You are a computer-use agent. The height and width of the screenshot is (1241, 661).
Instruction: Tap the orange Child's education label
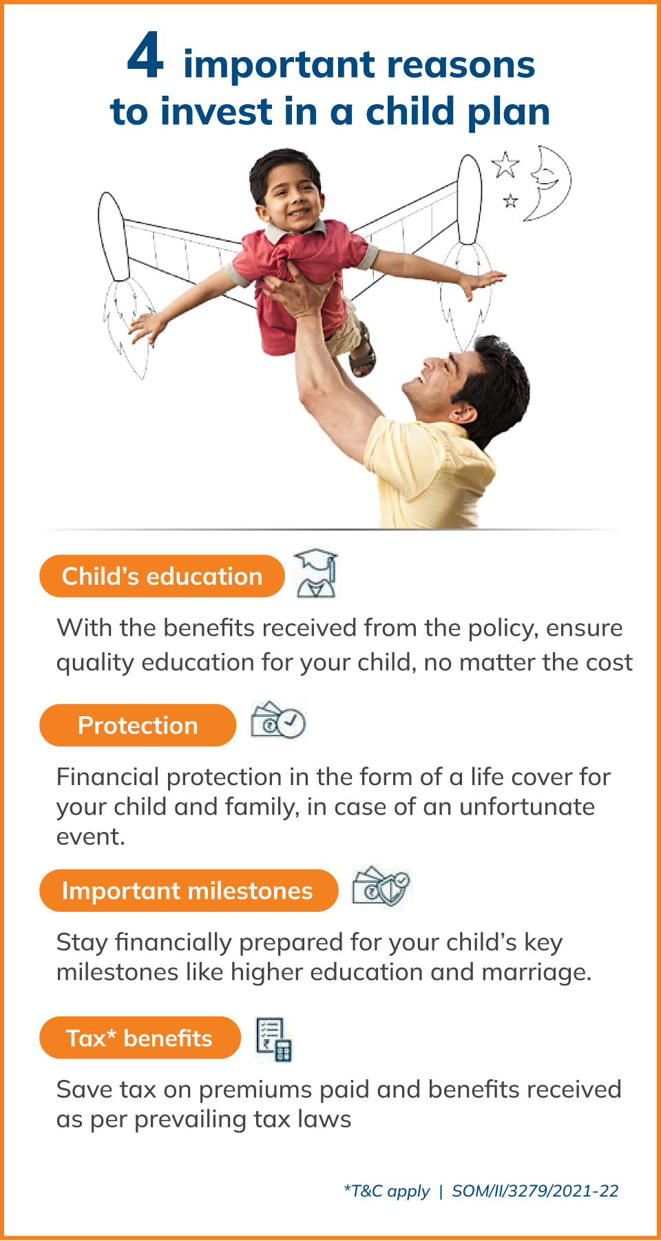point(162,576)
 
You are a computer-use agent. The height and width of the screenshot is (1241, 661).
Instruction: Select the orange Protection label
point(138,725)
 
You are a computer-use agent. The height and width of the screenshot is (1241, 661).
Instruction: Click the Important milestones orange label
point(189,890)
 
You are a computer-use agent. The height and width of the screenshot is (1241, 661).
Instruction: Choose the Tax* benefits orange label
point(140,1038)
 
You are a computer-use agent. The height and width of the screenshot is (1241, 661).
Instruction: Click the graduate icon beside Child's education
point(316,574)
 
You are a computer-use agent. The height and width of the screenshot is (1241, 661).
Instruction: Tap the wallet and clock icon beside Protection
point(278,720)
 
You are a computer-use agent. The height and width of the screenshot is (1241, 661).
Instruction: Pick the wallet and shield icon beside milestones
point(381,886)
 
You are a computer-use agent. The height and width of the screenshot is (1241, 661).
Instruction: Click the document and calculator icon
point(274,1039)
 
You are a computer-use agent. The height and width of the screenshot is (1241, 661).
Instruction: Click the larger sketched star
point(505,164)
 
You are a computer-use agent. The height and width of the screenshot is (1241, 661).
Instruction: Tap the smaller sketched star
point(510,200)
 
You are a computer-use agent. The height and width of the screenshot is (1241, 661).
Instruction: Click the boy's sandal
point(363,353)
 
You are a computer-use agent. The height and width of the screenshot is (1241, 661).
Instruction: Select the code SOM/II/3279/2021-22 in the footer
point(535,1191)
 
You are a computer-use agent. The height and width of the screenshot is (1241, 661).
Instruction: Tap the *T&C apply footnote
point(386,1191)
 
